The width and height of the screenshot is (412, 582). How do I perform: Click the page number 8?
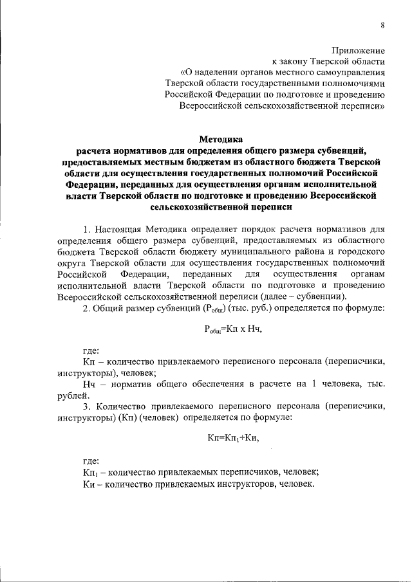coord(382,25)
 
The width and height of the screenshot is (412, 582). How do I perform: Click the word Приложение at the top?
coord(358,50)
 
